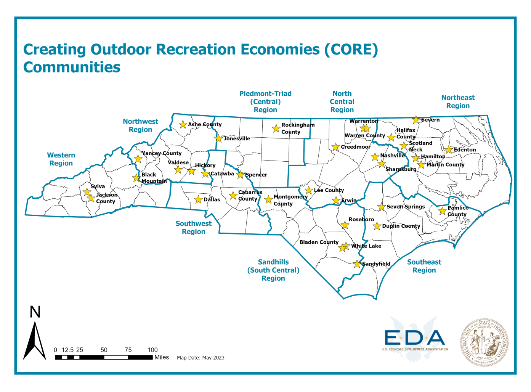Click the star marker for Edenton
[449, 150]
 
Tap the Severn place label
[430, 120]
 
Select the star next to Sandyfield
[357, 264]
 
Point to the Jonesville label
[237, 138]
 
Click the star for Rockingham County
[276, 129]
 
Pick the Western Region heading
[61, 159]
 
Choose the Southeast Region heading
[424, 266]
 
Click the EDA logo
[415, 339]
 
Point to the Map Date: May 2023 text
[201, 358]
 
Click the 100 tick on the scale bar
[152, 350]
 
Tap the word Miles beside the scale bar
[162, 357]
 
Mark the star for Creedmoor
[335, 147]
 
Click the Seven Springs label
[406, 207]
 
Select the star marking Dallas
[198, 199]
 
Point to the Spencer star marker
[240, 175]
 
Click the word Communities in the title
[72, 67]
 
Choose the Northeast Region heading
[458, 102]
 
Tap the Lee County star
[309, 190]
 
